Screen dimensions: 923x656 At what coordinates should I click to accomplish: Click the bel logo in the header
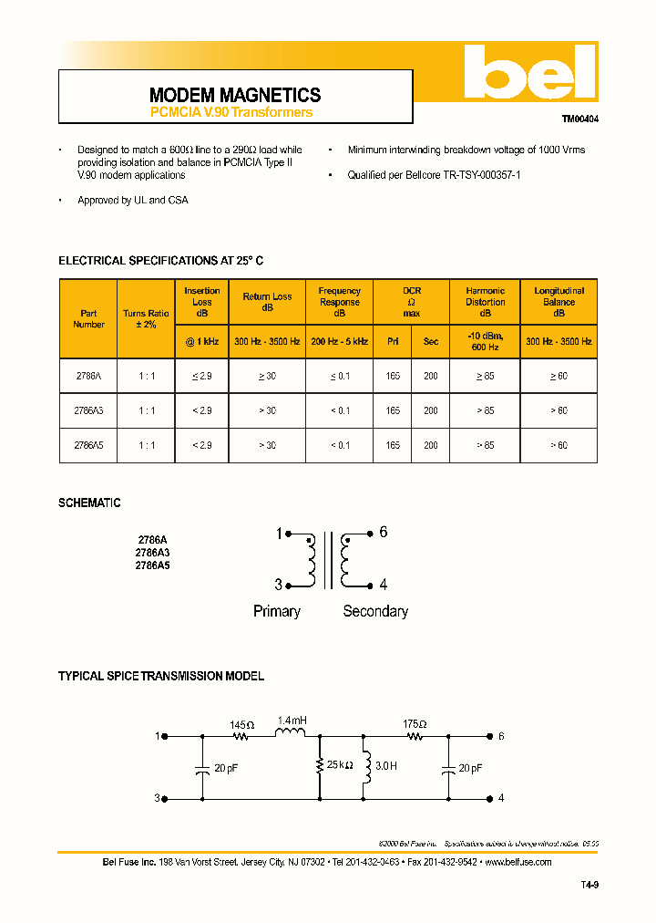529,72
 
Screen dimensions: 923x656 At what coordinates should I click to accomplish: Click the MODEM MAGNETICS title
234,95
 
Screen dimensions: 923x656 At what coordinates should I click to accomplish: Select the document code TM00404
579,119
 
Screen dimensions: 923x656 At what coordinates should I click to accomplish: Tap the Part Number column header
88,319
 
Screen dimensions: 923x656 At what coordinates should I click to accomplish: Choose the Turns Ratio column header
146,319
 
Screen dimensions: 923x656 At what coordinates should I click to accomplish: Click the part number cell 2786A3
88,411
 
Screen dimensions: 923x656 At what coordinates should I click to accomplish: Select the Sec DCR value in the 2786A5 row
431,446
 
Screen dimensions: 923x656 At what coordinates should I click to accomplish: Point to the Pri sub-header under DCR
393,341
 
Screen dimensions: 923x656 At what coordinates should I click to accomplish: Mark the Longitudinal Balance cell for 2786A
559,376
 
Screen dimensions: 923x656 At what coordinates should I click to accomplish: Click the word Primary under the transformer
277,611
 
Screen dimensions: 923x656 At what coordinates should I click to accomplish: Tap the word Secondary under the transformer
375,611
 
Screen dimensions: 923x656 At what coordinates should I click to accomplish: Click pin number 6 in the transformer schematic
384,533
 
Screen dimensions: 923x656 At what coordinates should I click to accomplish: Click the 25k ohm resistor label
340,766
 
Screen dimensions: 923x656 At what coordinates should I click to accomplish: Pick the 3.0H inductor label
386,766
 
